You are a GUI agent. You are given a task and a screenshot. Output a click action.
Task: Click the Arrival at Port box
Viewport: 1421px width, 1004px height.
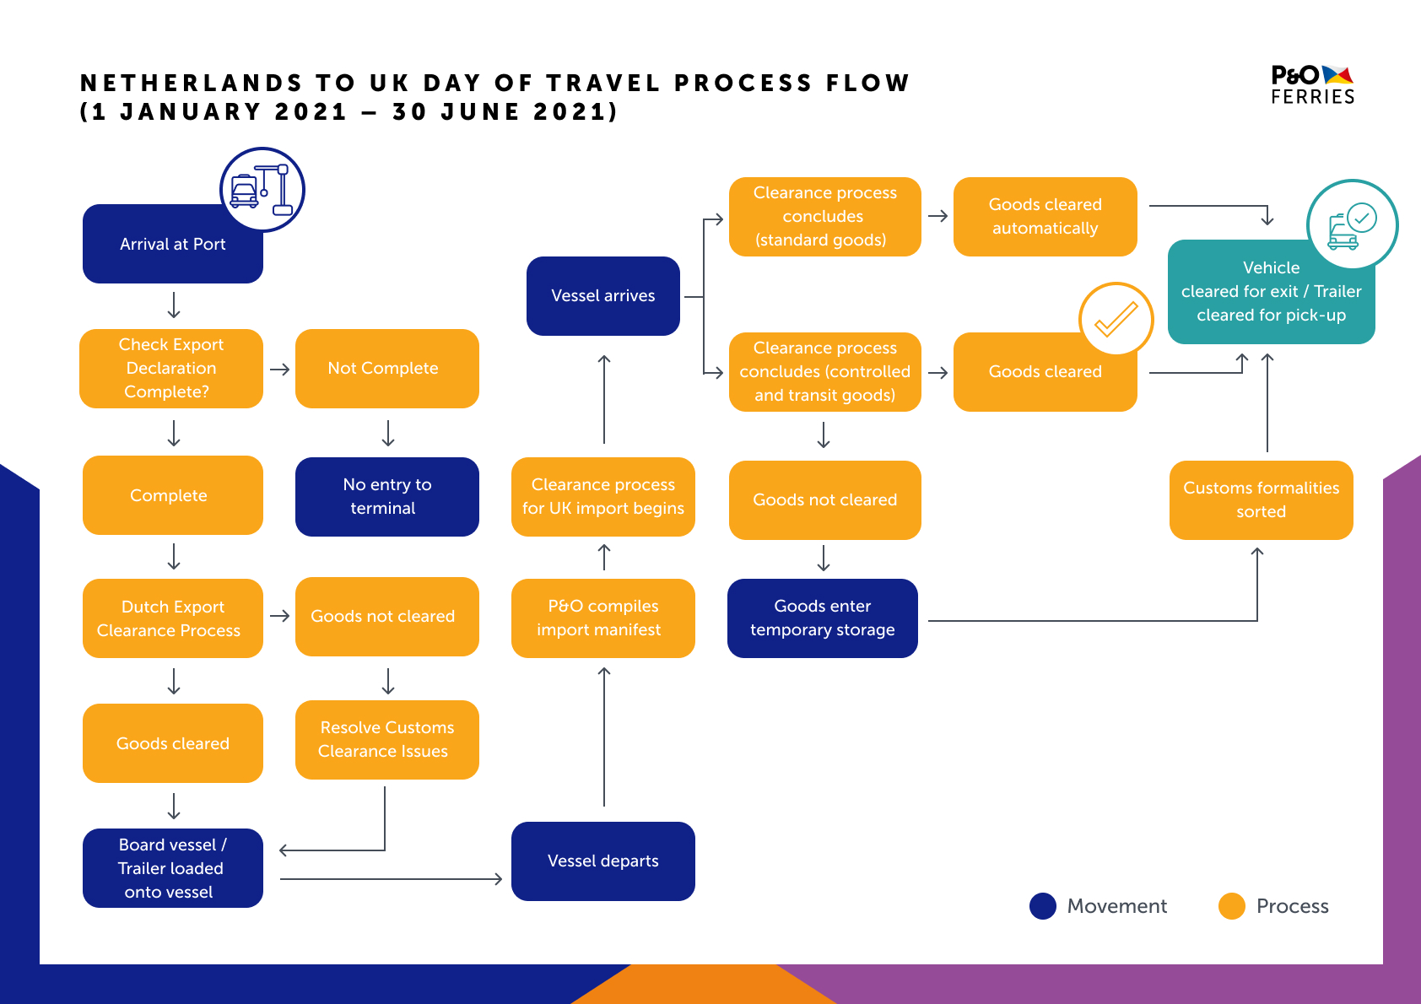coord(172,244)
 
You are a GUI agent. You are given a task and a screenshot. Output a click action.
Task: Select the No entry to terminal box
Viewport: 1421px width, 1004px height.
coord(387,497)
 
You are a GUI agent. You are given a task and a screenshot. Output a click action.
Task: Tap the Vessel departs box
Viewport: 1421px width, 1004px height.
coord(602,861)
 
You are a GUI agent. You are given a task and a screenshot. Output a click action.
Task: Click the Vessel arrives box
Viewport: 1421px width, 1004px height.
coord(602,295)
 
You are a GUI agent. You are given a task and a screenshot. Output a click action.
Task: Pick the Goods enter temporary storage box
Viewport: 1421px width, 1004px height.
coord(822,618)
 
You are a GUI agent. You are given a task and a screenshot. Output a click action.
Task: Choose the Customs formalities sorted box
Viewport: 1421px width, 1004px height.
coord(1262,499)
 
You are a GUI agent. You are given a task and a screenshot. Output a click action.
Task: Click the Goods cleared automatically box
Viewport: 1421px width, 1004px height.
coord(1045,216)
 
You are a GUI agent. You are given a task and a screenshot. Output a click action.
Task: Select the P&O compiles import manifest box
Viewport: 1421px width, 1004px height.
coord(602,618)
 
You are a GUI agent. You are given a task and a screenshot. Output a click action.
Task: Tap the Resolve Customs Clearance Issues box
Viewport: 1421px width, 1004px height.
coord(387,740)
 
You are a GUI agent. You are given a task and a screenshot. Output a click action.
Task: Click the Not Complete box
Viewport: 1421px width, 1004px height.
coord(387,369)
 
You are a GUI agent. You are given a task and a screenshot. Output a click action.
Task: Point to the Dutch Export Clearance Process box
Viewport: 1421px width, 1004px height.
coord(172,618)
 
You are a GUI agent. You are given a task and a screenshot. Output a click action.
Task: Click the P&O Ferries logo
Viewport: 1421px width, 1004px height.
coord(1312,84)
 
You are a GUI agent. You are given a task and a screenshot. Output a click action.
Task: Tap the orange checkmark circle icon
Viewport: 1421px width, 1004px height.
coord(1116,319)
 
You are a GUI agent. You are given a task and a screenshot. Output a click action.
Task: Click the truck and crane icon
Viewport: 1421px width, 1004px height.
coord(262,190)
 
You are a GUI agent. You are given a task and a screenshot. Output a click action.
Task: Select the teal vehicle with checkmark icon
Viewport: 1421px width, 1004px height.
coord(1353,225)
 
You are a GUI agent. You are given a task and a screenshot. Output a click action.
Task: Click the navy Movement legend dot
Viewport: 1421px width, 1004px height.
coord(1043,905)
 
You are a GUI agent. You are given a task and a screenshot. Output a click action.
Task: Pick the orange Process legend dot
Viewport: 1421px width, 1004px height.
coord(1232,905)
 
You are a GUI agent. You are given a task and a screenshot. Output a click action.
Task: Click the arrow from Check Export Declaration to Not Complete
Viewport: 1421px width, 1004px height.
coord(280,370)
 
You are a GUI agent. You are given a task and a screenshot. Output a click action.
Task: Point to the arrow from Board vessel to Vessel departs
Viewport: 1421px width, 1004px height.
coord(392,879)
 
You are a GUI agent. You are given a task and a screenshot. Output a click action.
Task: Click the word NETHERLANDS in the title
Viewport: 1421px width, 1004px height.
coord(191,83)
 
